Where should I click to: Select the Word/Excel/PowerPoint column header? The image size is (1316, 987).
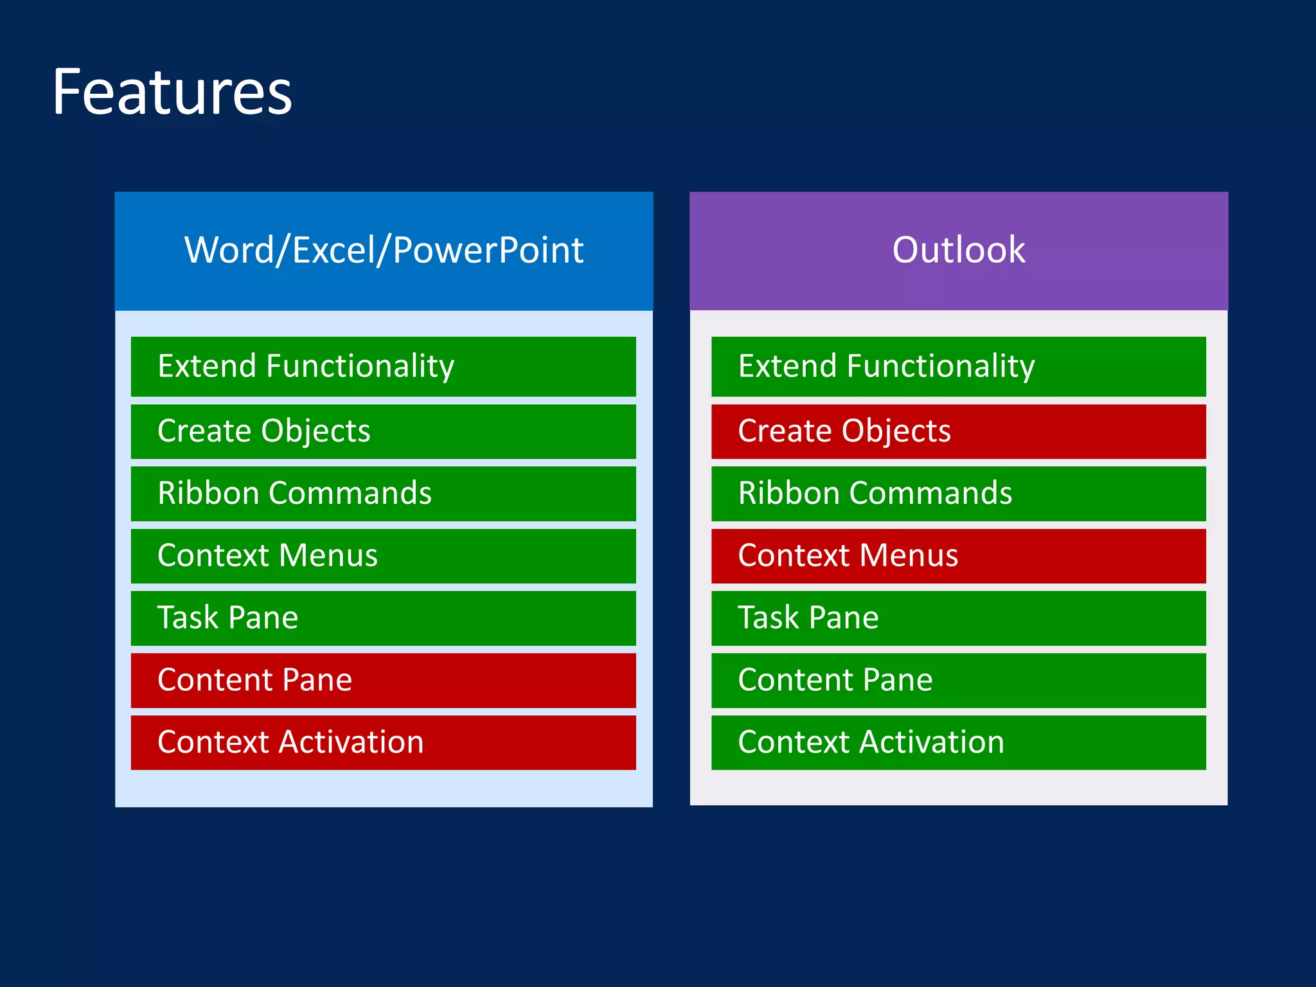tap(384, 251)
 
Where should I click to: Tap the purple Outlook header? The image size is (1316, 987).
tap(958, 251)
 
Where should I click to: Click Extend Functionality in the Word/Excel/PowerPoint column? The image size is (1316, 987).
tap(383, 366)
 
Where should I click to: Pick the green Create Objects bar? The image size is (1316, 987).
tap(383, 431)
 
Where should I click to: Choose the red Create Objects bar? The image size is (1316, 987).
tap(958, 431)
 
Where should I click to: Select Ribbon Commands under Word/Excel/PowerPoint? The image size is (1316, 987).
tap(383, 493)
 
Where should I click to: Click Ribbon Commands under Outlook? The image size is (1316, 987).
tap(958, 493)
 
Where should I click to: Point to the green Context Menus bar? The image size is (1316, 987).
tap(383, 556)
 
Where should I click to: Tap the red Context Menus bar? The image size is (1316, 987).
tap(958, 556)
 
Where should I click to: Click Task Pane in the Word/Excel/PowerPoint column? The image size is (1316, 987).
tap(383, 618)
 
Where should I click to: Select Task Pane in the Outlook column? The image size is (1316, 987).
tap(958, 618)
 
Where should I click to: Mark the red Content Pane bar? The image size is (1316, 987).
tap(383, 680)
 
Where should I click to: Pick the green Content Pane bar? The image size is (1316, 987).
tap(958, 680)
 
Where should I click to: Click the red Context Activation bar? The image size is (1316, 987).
tap(383, 743)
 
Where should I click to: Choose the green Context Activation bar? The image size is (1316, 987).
tap(958, 743)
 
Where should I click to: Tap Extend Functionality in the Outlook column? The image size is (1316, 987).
tap(958, 366)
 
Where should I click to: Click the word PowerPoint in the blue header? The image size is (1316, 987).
tap(488, 251)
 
